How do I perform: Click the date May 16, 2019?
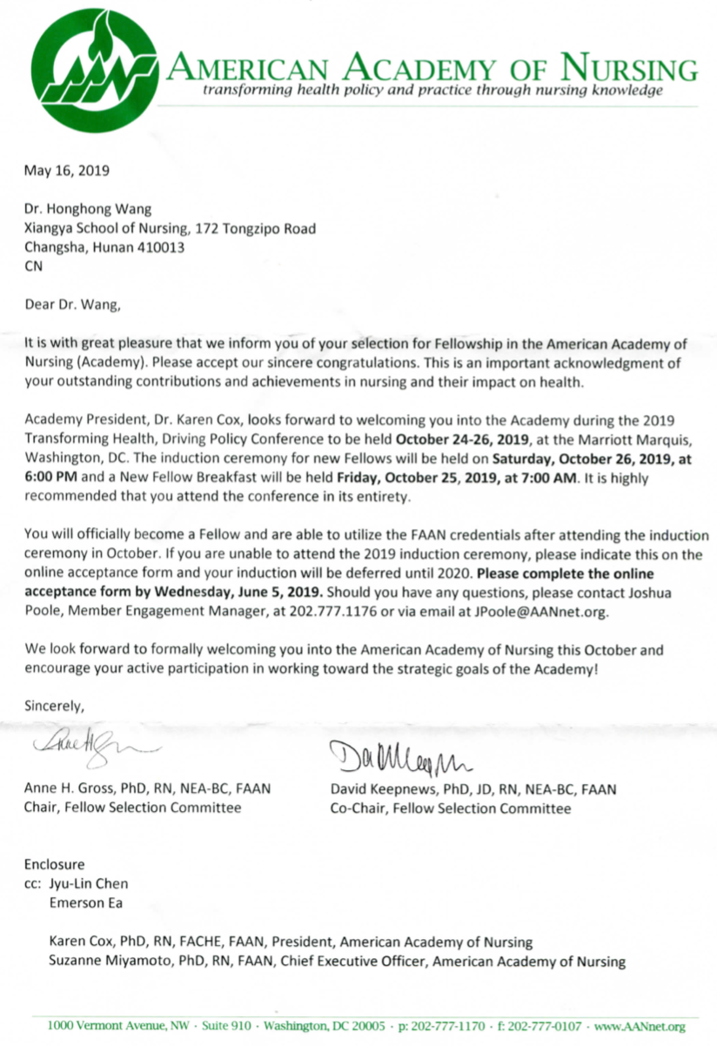pyautogui.click(x=66, y=171)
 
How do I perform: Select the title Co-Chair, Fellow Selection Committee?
pyautogui.click(x=450, y=808)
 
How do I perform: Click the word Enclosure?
pyautogui.click(x=55, y=865)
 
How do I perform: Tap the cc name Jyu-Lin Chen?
pyautogui.click(x=88, y=884)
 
